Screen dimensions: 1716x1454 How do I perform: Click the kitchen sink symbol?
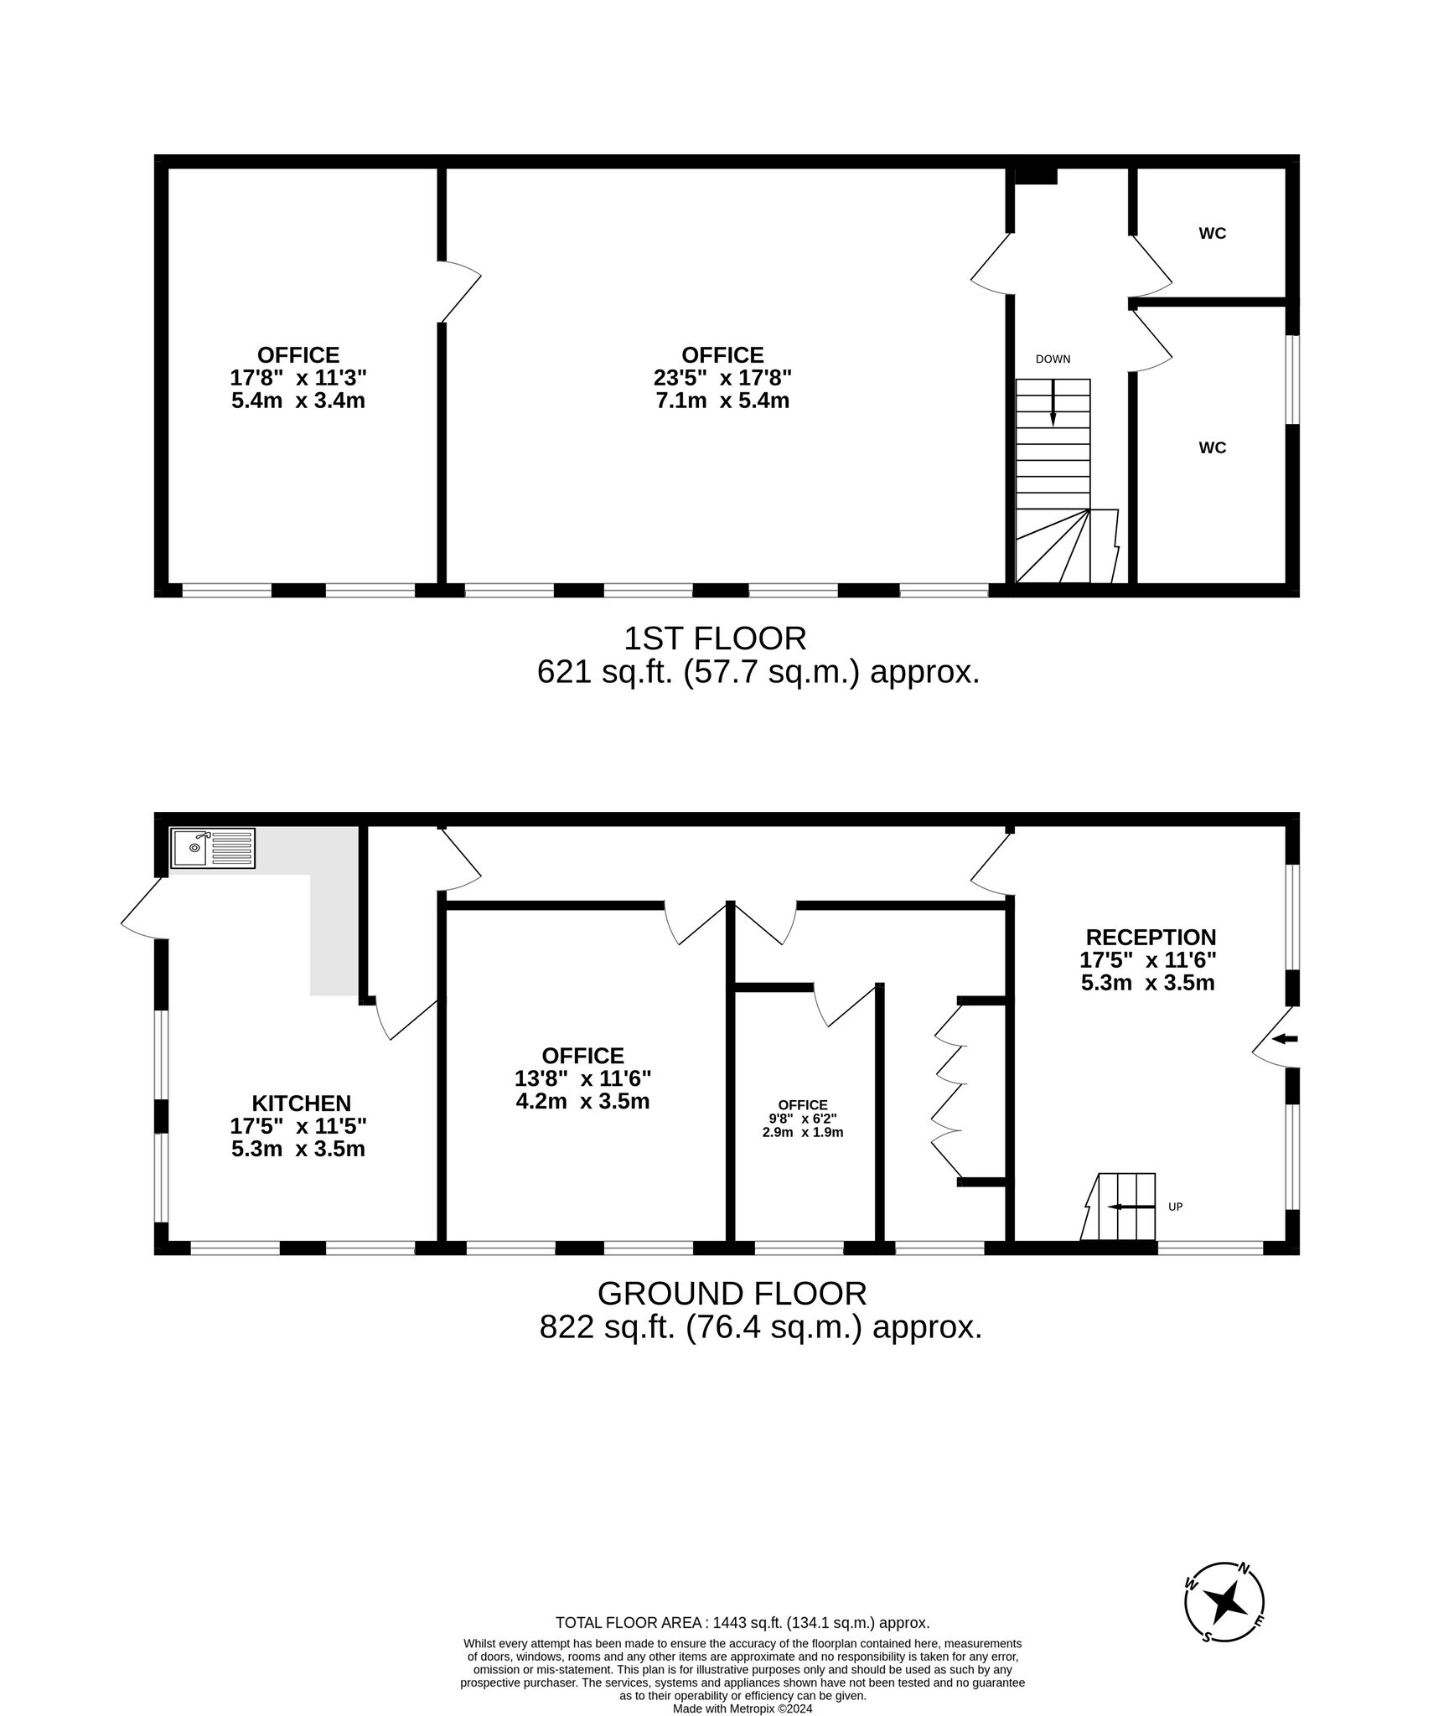(213, 848)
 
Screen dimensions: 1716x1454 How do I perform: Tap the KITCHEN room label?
(301, 1104)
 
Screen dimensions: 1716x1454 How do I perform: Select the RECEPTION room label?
(1151, 937)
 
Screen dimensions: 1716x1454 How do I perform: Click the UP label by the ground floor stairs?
(1175, 1207)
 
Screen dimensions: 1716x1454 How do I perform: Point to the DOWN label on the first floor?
(1053, 359)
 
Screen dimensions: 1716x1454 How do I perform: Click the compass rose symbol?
(1224, 1602)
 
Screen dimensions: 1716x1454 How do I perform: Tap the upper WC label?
(1212, 234)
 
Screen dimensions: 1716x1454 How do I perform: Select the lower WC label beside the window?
(1212, 448)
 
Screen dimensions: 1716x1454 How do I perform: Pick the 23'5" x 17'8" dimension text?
(722, 378)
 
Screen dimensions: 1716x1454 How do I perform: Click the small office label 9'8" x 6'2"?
(802, 1119)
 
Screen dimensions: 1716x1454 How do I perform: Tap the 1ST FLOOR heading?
(715, 639)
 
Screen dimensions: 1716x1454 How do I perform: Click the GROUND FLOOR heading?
(732, 1294)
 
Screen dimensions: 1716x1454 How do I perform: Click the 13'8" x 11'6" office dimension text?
(582, 1078)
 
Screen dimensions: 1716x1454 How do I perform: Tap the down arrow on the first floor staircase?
(1053, 406)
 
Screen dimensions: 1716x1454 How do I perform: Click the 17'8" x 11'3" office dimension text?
(298, 378)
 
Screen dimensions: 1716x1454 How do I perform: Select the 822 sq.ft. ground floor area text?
(759, 1327)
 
